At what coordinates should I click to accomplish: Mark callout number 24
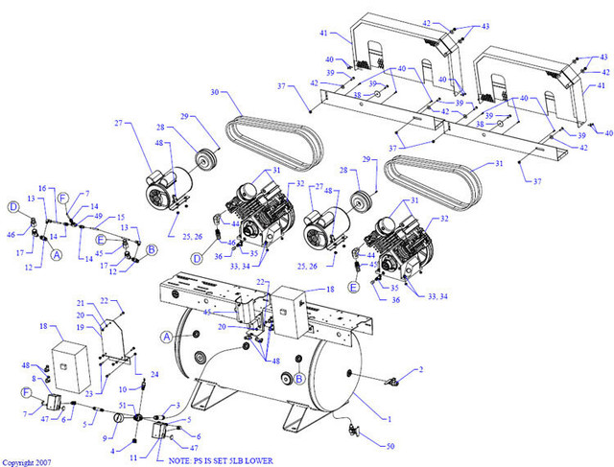point(140,375)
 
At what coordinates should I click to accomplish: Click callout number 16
point(41,188)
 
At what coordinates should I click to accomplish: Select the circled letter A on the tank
point(169,336)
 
